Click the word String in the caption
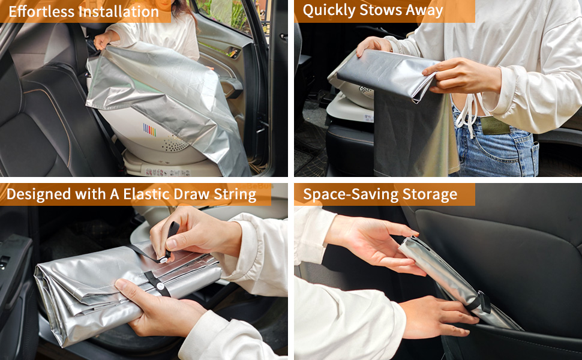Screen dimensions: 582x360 coord(235,195)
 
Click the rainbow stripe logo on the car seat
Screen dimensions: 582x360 coord(149,130)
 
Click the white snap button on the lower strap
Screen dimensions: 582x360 coord(160,286)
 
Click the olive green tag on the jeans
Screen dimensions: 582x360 coord(495,125)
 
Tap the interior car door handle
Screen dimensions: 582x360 coord(233,53)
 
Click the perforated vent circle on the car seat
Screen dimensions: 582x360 coord(175,143)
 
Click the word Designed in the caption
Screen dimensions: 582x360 coord(38,195)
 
